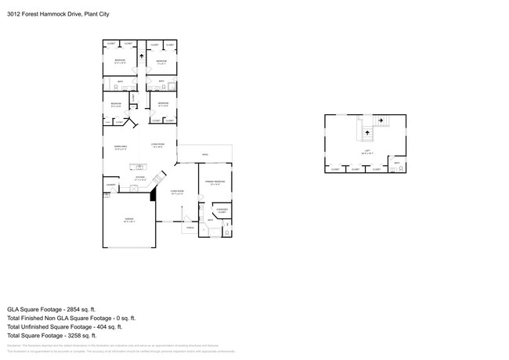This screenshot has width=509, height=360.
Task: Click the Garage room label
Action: click(129, 220)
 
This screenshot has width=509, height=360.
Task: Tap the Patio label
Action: click(205, 154)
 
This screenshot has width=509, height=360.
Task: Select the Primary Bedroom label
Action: click(215, 182)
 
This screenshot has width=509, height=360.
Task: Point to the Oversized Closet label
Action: click(222, 210)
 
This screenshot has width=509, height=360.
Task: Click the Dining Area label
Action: click(121, 146)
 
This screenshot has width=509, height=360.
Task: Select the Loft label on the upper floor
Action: click(366, 152)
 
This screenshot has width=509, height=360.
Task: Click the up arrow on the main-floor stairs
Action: click(141, 56)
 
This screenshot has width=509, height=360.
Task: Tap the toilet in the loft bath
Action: click(401, 167)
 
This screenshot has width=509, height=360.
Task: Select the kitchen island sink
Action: click(141, 166)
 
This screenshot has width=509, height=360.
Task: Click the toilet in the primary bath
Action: click(227, 232)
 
